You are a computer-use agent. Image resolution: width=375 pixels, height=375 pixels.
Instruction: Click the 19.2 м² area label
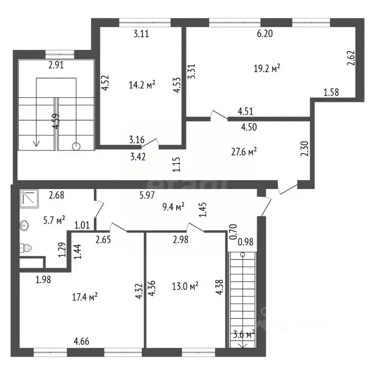(x=267, y=69)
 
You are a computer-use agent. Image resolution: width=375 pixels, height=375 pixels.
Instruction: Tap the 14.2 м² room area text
(x=142, y=84)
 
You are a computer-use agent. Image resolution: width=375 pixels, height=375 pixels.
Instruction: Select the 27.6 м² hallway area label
(x=244, y=152)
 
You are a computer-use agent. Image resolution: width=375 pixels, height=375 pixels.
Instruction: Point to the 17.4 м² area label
(x=84, y=297)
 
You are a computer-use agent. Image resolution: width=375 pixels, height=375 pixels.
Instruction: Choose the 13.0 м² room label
(x=185, y=286)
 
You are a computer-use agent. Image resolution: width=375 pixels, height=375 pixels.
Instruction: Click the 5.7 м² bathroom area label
(x=54, y=220)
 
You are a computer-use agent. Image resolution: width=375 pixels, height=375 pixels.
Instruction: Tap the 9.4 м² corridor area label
(x=173, y=207)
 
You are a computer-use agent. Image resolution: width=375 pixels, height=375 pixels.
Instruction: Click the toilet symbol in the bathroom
(x=25, y=248)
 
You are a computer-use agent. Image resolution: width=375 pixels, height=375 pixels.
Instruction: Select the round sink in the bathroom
(x=24, y=225)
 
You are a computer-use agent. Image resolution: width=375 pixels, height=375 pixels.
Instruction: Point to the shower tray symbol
(x=29, y=199)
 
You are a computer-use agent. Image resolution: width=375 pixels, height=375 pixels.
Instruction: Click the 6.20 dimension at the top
(x=265, y=34)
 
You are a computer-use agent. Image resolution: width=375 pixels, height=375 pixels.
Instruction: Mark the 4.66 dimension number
(x=82, y=341)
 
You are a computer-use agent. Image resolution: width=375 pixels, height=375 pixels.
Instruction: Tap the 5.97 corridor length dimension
(x=147, y=195)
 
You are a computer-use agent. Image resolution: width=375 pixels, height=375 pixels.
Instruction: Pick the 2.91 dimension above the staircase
(x=56, y=65)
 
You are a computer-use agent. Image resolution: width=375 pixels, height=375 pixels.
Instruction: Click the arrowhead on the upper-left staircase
(x=36, y=143)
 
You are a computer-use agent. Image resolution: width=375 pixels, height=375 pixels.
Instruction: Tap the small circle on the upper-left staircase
(x=76, y=146)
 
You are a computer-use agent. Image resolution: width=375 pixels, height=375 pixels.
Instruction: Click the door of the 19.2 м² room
(x=219, y=115)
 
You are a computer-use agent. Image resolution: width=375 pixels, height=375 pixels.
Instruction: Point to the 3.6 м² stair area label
(x=244, y=334)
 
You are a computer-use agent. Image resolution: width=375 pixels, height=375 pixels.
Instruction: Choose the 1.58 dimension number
(x=331, y=92)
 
